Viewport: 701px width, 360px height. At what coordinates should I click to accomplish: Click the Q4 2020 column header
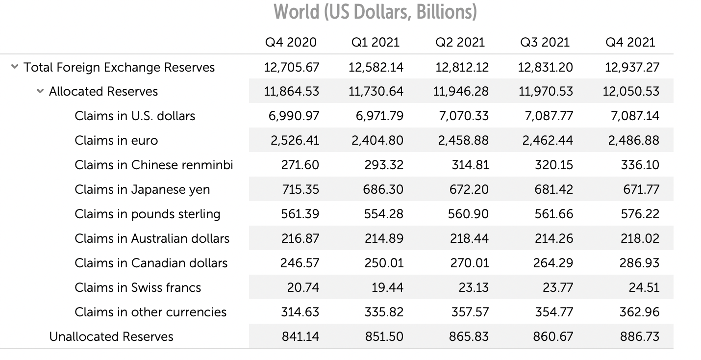point(291,42)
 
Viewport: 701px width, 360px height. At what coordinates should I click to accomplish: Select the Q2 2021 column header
point(460,42)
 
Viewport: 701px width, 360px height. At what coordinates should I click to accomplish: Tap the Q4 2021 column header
point(630,42)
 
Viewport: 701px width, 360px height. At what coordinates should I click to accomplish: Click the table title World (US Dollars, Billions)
point(375,12)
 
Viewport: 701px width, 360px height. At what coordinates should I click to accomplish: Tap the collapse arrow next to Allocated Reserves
point(40,91)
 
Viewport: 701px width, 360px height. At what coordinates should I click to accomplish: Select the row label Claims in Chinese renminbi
point(153,165)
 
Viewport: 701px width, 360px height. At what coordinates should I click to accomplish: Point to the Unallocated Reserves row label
point(111,336)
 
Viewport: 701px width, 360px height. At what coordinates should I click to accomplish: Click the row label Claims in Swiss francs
point(138,287)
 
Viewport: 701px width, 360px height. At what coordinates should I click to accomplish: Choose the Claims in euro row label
point(116,140)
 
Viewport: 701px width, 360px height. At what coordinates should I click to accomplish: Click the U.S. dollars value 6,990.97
point(294,116)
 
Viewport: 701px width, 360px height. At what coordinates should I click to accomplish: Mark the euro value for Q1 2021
point(377,141)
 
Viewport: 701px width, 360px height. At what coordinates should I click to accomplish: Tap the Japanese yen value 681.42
point(553,189)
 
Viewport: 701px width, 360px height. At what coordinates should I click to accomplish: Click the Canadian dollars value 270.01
point(469,263)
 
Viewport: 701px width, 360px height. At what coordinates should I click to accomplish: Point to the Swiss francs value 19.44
point(387,287)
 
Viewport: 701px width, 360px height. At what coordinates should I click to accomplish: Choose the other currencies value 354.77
point(553,312)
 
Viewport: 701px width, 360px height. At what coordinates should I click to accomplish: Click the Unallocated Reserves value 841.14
point(300,336)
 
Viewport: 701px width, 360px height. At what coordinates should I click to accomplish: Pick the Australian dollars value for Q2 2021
point(469,238)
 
